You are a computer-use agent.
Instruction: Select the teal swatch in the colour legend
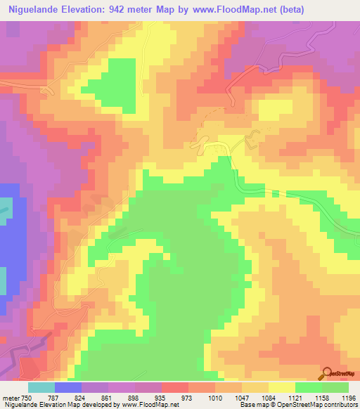(x=41, y=387)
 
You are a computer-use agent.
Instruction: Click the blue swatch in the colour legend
(x=68, y=387)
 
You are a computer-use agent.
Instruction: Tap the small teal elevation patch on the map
(x=6, y=206)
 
